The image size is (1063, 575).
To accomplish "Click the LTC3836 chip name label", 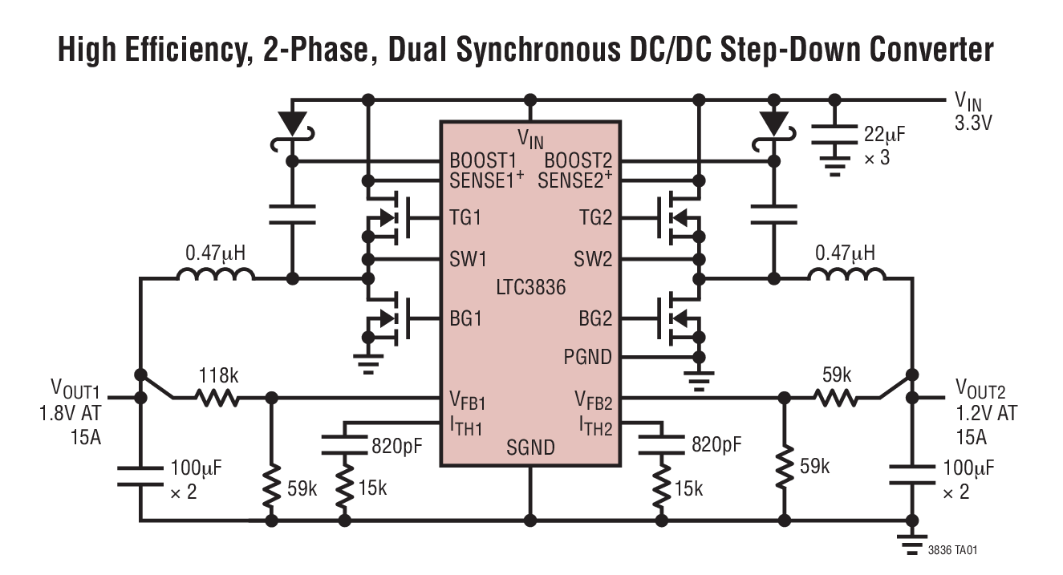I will [x=529, y=286].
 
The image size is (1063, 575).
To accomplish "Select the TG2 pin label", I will [x=594, y=217].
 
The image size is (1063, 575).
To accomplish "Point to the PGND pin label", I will [x=587, y=356].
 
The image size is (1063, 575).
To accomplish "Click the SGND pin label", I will [x=530, y=447].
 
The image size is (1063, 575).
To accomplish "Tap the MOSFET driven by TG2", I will [x=675, y=217].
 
